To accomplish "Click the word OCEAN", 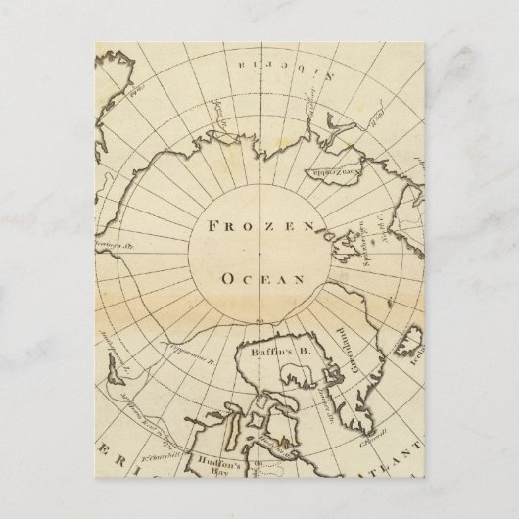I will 259,279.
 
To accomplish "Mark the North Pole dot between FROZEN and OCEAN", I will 259,253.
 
